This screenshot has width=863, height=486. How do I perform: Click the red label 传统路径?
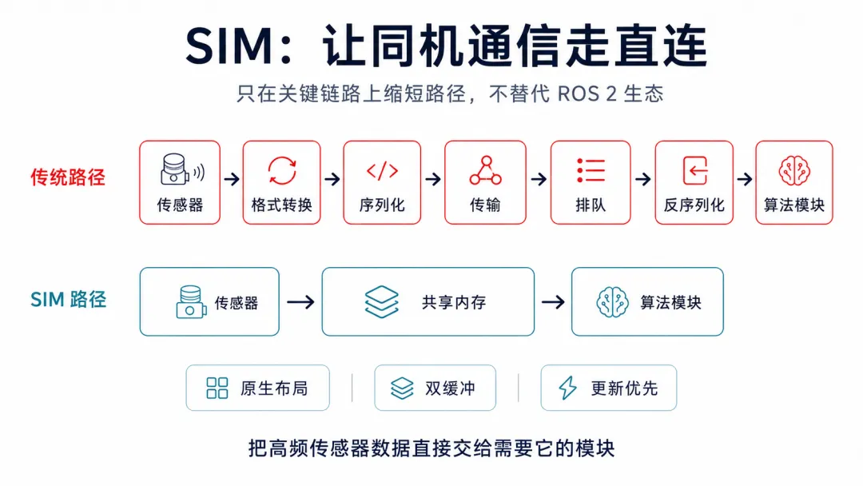[68, 177]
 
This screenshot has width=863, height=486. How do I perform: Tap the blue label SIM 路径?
[68, 300]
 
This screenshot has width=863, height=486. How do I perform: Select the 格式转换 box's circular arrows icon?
[282, 170]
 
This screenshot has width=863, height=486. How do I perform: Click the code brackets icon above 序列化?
[382, 170]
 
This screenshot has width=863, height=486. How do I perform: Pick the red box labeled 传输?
[485, 182]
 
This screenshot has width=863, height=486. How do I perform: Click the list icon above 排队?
[591, 170]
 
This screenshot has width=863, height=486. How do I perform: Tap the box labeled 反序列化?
[694, 182]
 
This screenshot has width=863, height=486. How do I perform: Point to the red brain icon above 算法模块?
[794, 170]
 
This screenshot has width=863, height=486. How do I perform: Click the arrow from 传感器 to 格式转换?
[232, 179]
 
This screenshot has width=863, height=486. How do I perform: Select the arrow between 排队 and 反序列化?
[642, 179]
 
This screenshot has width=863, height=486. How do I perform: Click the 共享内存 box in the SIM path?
[428, 301]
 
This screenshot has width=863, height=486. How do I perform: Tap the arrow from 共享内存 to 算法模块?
[553, 301]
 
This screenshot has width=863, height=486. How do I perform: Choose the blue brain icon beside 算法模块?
[612, 301]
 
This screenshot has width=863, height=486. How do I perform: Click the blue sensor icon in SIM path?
[191, 301]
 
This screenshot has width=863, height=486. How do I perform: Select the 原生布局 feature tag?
[257, 388]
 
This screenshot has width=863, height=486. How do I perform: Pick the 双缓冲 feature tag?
[435, 388]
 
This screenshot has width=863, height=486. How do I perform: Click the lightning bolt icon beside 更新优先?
[567, 388]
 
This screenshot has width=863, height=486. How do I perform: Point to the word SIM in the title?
[229, 46]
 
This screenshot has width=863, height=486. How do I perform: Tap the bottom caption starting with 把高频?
[431, 448]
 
